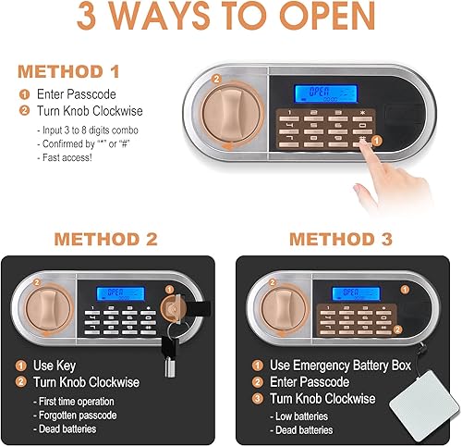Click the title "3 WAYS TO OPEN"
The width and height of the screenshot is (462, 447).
(230, 19)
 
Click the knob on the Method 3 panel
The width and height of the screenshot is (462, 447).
(278, 304)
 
